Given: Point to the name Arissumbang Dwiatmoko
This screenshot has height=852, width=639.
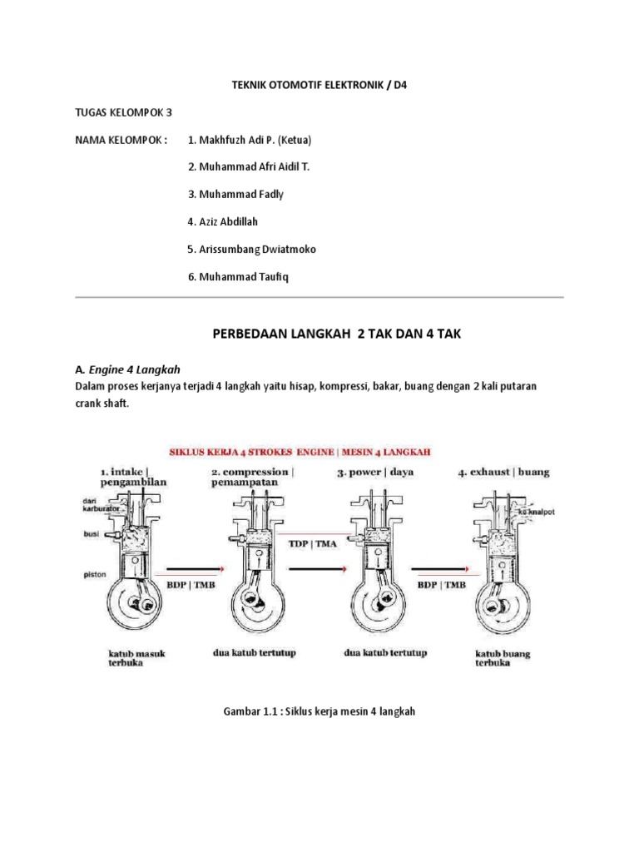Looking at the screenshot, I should click(252, 249).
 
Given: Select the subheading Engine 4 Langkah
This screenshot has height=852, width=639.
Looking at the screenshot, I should click(140, 368).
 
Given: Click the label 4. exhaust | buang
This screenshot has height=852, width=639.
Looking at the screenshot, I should click(503, 472).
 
